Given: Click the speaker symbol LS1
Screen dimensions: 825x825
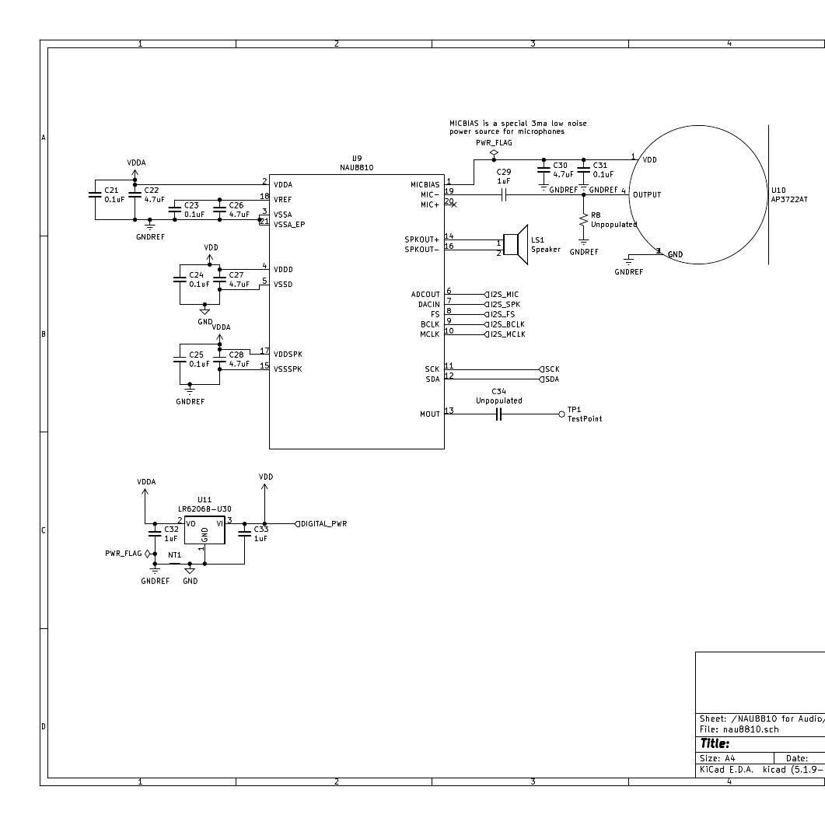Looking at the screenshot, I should (x=516, y=245).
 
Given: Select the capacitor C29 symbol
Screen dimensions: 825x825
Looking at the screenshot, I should (x=504, y=194).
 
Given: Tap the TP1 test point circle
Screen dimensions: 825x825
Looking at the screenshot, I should (x=562, y=414).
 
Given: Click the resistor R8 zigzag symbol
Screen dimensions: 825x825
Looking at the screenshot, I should (x=584, y=222).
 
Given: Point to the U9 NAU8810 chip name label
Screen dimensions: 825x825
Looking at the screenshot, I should (x=356, y=167).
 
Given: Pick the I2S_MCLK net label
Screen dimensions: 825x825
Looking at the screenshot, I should (x=506, y=334).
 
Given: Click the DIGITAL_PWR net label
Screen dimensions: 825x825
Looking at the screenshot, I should (x=323, y=524).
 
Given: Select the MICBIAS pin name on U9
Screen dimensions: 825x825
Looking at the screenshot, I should (x=425, y=185).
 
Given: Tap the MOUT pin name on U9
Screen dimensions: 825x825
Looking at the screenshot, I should (x=430, y=414).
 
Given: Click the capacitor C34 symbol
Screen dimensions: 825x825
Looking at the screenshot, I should (x=499, y=414).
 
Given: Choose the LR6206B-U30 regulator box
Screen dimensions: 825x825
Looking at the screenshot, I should (x=205, y=530).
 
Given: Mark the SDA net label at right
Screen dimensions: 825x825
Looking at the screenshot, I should (x=551, y=379).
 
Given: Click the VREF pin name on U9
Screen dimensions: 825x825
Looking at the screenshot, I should (x=282, y=200).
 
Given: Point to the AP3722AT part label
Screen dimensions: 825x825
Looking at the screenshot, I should (x=788, y=200).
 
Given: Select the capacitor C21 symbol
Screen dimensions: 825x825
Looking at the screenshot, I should (x=96, y=194).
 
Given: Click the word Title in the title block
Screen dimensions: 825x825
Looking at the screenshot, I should (x=715, y=744).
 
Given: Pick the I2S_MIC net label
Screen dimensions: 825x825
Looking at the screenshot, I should (x=504, y=295).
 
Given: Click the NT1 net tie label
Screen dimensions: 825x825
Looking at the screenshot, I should (x=175, y=555).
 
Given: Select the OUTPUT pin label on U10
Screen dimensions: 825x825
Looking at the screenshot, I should (x=647, y=195).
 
